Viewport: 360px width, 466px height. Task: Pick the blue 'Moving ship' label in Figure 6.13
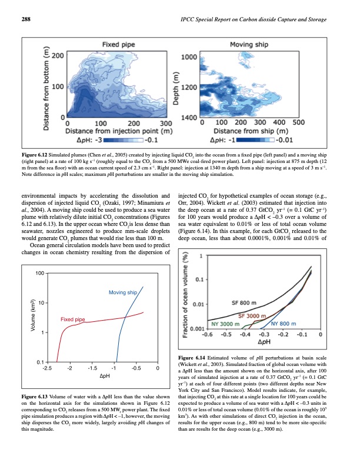[123, 292]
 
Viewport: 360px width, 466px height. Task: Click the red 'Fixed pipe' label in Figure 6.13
[74, 319]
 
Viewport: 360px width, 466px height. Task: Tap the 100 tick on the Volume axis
[39, 274]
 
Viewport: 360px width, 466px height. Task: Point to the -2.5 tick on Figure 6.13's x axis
[48, 368]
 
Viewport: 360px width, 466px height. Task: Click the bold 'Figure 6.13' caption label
[35, 401]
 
